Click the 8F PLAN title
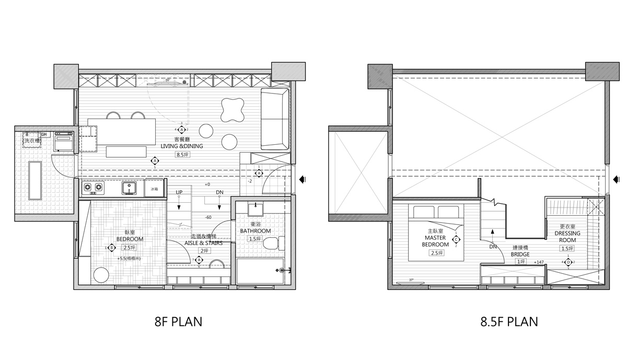click(x=178, y=321)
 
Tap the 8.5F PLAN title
click(x=509, y=321)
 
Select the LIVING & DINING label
click(x=181, y=146)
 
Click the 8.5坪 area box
click(x=181, y=154)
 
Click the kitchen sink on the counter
click(x=129, y=188)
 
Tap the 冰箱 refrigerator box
click(x=154, y=189)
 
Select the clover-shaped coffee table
click(x=230, y=109)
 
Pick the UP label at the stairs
click(x=179, y=193)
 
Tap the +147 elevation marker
click(x=539, y=262)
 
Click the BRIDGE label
click(x=520, y=254)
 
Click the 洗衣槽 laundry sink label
click(x=32, y=141)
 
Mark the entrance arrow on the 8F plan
click(x=303, y=179)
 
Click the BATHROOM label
click(x=256, y=231)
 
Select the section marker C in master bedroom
click(x=456, y=240)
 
